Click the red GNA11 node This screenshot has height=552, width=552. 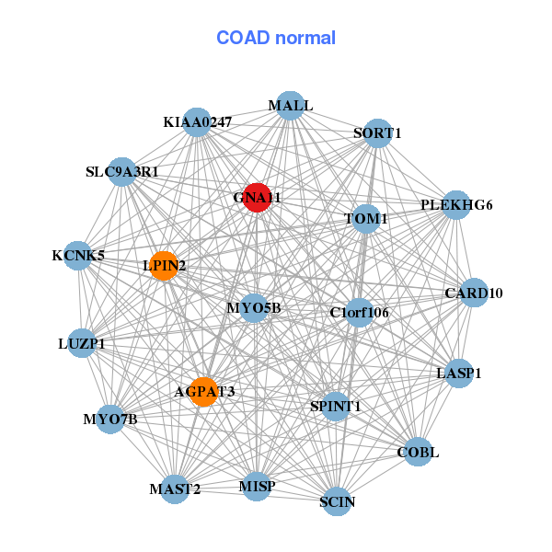click(x=257, y=198)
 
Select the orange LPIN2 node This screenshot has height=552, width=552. click(x=164, y=266)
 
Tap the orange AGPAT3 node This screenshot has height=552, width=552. click(x=203, y=392)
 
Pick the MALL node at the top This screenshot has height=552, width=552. click(x=290, y=106)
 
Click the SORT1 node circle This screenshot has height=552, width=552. click(x=378, y=133)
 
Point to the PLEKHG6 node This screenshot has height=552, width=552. click(x=456, y=205)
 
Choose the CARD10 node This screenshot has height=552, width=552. click(x=474, y=293)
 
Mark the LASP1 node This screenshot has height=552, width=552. click(x=458, y=374)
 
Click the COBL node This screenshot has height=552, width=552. click(x=418, y=452)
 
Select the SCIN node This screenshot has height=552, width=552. click(x=338, y=501)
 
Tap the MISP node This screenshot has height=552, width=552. click(x=257, y=486)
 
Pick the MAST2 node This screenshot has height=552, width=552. click(x=175, y=489)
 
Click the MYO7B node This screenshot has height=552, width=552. click(x=110, y=420)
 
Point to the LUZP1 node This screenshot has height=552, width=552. click(x=82, y=344)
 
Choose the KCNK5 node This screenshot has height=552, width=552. click(x=78, y=255)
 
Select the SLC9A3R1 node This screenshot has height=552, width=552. click(x=122, y=172)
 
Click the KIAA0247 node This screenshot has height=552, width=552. click(x=197, y=122)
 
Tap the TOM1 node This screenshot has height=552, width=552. click(x=366, y=219)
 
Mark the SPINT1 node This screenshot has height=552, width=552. click(x=336, y=406)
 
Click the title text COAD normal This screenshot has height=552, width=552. click(x=276, y=39)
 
